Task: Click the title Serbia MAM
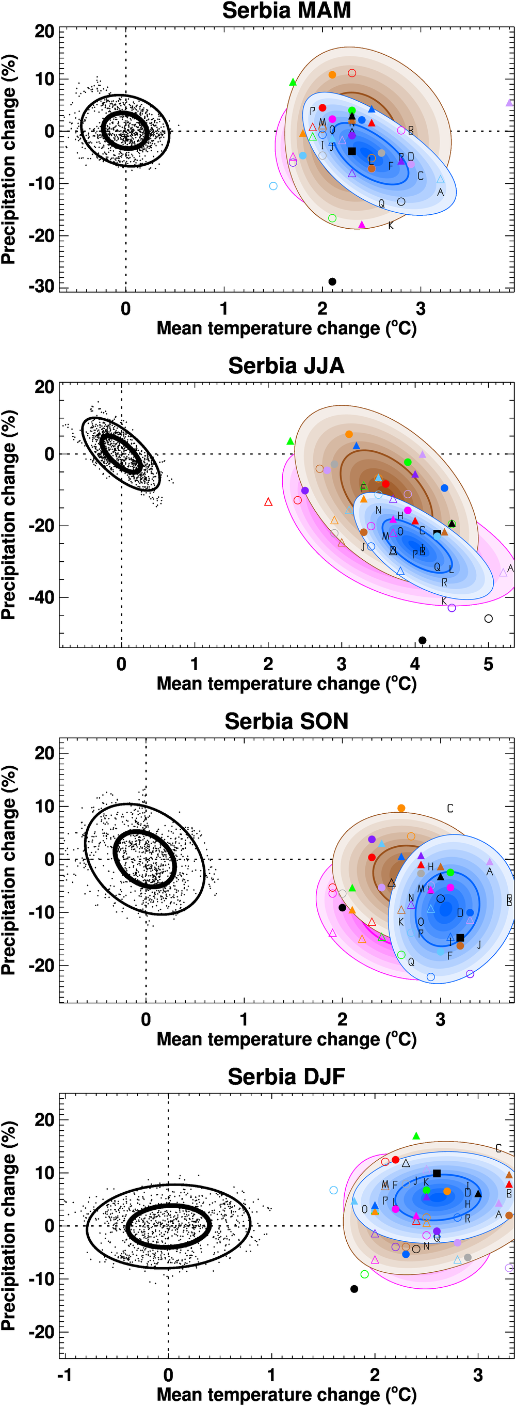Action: coord(286,11)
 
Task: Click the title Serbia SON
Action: coord(286,721)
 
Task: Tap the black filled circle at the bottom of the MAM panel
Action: coord(332,281)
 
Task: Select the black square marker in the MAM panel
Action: coord(352,151)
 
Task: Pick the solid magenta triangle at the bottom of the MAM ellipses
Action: coord(362,224)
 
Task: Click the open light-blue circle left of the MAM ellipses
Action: coord(273,186)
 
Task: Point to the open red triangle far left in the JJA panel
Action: coord(268,502)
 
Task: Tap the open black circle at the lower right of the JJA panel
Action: coord(489,619)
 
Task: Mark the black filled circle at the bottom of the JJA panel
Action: coord(422,640)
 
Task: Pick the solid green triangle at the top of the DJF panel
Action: coord(416,1136)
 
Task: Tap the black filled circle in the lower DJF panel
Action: coord(354,1289)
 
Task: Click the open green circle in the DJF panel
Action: coord(364,1274)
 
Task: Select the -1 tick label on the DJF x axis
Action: coord(65,1375)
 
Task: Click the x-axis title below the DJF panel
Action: coord(286,1395)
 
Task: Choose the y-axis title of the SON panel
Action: coord(9,871)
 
